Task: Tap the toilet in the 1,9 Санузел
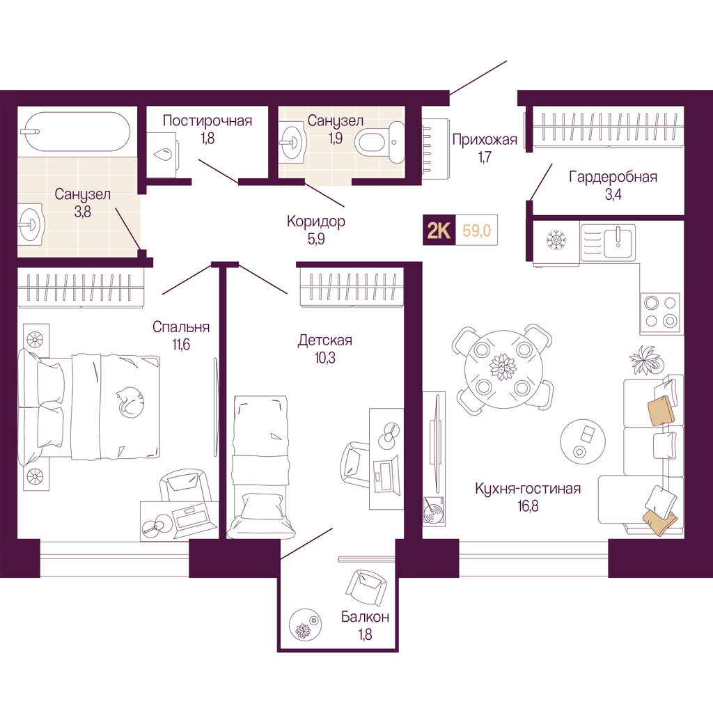tap(379, 142)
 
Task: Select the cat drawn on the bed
tap(130, 402)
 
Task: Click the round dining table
tap(503, 368)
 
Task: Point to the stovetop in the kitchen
tap(660, 313)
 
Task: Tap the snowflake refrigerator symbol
tap(555, 240)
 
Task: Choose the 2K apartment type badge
tap(439, 230)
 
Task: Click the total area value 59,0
tap(476, 230)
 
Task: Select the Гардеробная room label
tap(613, 176)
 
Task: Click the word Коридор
tap(316, 221)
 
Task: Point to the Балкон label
tap(365, 617)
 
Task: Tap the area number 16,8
tap(528, 506)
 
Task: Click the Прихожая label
tap(485, 139)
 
